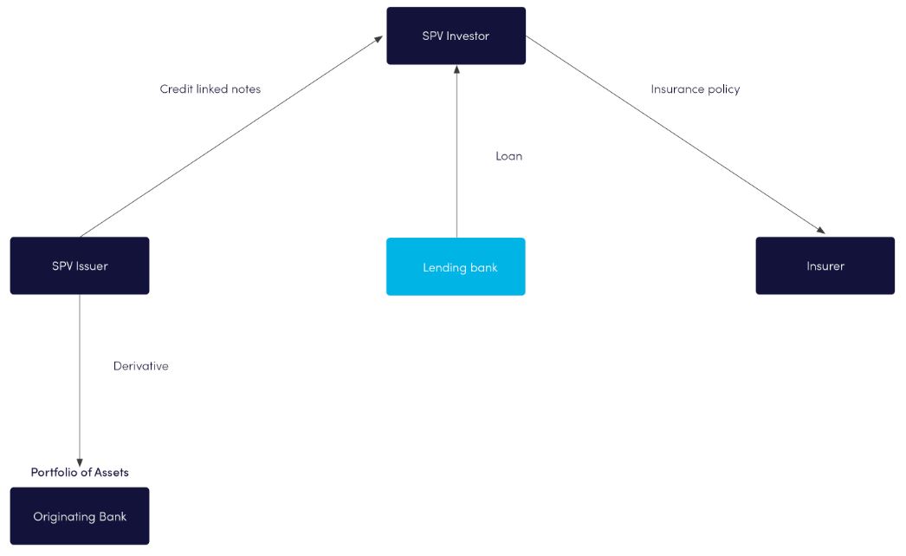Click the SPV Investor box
pyautogui.click(x=456, y=36)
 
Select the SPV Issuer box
pyautogui.click(x=80, y=265)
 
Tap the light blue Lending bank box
pyautogui.click(x=456, y=266)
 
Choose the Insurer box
pyautogui.click(x=825, y=265)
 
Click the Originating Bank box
pyautogui.click(x=80, y=516)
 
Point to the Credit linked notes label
pyautogui.click(x=210, y=88)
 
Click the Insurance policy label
pyautogui.click(x=695, y=88)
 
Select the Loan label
pyautogui.click(x=508, y=156)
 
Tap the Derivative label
pyautogui.click(x=140, y=366)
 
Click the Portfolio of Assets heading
pyautogui.click(x=80, y=472)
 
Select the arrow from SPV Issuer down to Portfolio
pyautogui.click(x=80, y=382)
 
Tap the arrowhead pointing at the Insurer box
pyautogui.click(x=819, y=230)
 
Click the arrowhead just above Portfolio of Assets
pyautogui.click(x=80, y=461)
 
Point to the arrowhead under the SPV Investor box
pyautogui.click(x=456, y=70)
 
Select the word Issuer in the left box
pyautogui.click(x=91, y=265)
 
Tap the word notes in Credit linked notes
pyautogui.click(x=245, y=88)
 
